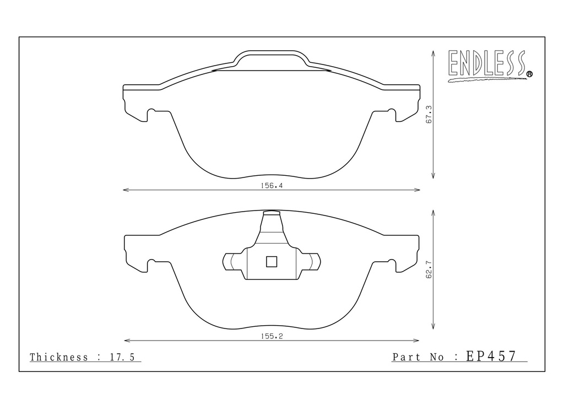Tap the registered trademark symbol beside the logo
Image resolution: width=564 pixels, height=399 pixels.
tap(529, 74)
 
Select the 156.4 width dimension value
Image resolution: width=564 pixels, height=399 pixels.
tap(272, 186)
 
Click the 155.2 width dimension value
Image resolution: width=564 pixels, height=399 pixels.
tap(272, 336)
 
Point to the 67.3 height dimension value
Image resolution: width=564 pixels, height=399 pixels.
tap(429, 115)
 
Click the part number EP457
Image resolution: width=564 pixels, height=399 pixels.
tap(491, 356)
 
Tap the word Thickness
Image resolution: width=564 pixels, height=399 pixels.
tap(59, 357)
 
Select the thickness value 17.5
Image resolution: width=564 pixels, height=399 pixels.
tap(122, 357)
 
